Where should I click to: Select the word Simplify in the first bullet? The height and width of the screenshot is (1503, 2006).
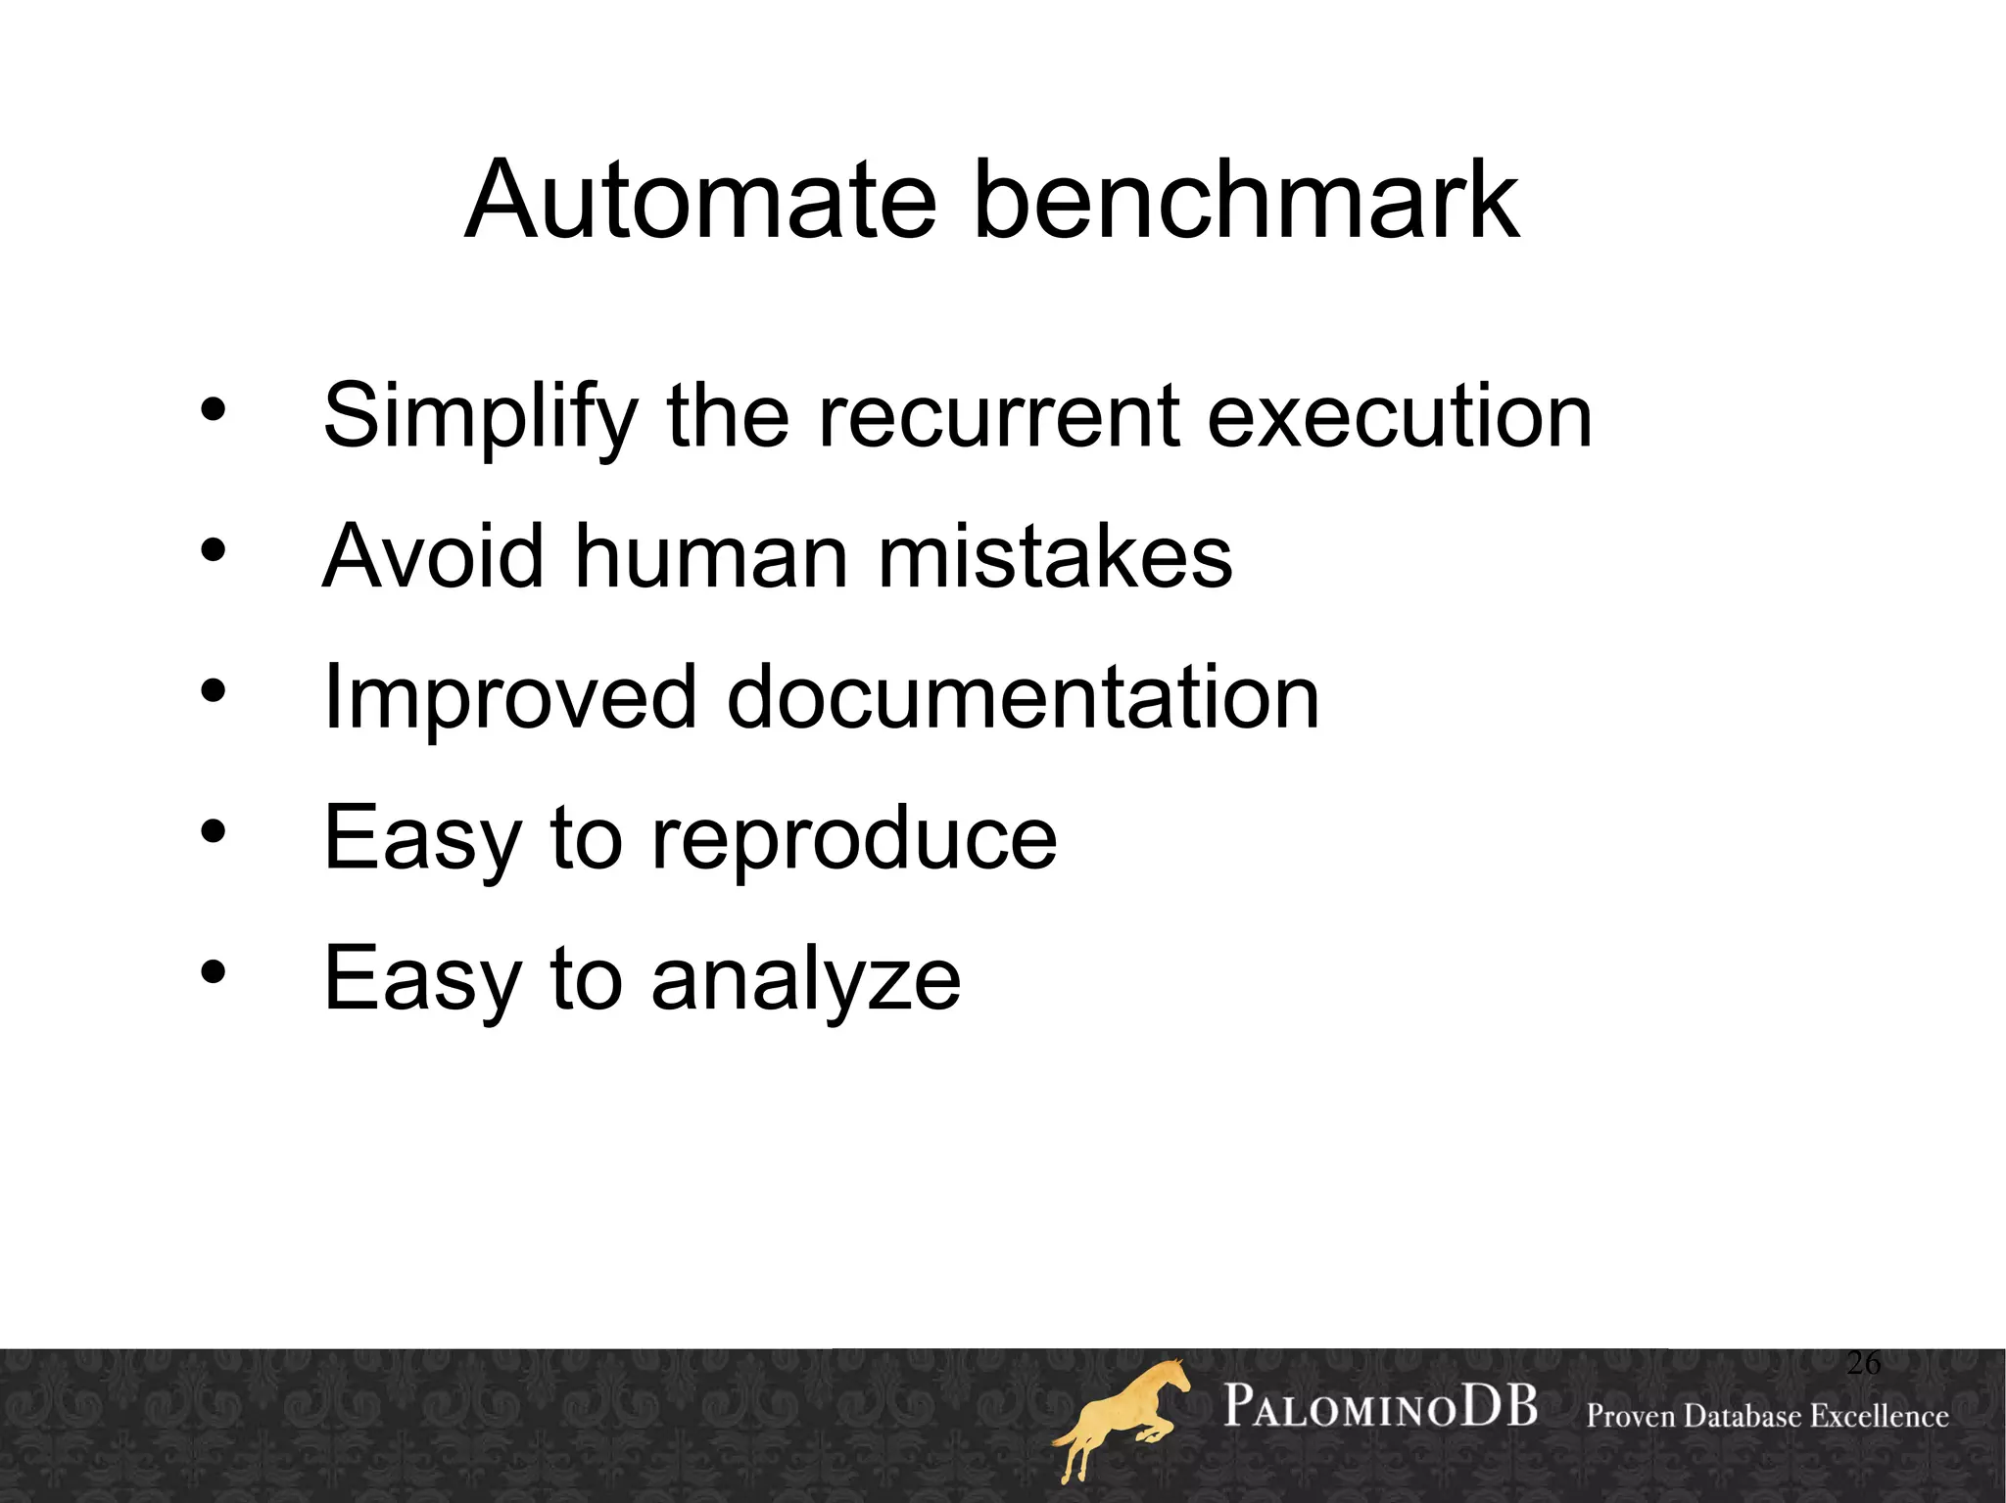480,418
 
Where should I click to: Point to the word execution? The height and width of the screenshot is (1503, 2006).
1400,416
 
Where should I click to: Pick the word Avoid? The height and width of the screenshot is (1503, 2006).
433,556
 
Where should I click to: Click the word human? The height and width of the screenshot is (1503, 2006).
711,556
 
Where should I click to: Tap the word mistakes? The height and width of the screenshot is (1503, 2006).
1055,556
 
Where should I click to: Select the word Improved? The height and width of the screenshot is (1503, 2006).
509,699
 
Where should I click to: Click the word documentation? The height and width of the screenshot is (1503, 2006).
1023,697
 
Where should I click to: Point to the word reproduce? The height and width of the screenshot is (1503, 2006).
854,840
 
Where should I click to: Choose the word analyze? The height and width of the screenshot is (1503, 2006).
805,981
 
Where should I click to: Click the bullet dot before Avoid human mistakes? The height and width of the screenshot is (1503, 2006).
214,550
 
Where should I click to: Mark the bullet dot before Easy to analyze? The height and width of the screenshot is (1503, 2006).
214,972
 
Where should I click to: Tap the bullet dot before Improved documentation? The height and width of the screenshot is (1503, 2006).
214,691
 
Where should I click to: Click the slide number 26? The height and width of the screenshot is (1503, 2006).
1863,1362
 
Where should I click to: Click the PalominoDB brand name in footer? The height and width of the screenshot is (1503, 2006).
1380,1407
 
